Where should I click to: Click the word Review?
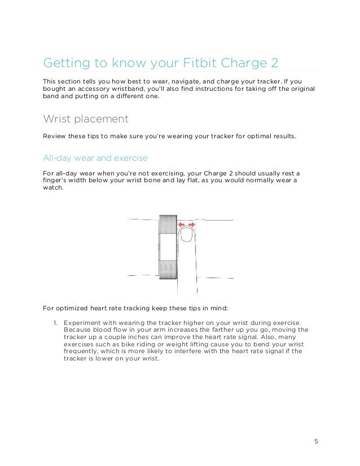click(x=55, y=136)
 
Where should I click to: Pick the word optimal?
click(x=247, y=136)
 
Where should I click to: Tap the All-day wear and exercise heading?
click(x=95, y=157)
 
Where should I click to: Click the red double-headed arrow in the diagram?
click(x=186, y=225)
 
